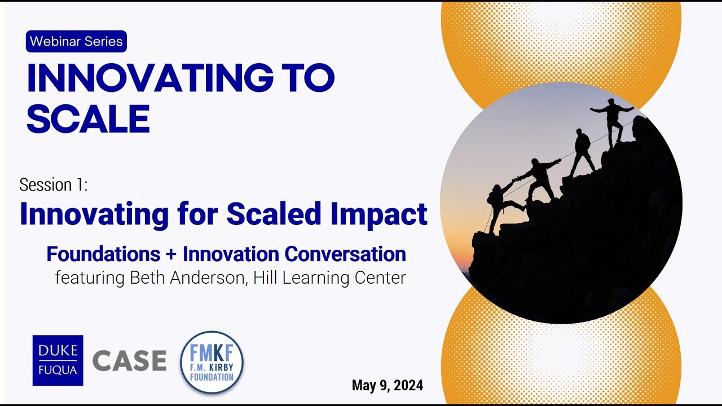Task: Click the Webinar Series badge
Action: (x=76, y=41)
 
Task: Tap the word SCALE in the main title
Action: (x=88, y=119)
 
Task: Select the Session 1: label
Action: (x=54, y=184)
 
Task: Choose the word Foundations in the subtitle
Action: (x=103, y=254)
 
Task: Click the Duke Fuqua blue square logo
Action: (x=58, y=360)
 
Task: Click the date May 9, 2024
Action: (x=387, y=385)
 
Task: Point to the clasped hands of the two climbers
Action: (x=516, y=179)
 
